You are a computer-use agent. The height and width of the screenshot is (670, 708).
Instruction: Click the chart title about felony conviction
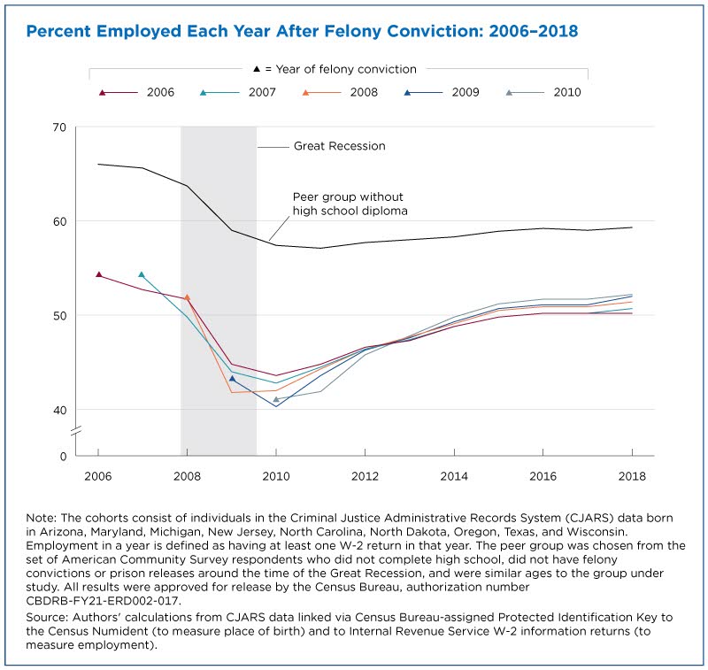[302, 31]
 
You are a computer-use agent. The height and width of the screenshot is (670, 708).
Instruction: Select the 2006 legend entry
[136, 93]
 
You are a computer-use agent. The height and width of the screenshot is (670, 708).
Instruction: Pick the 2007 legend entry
[237, 93]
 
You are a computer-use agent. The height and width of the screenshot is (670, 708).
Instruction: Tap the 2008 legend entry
[340, 93]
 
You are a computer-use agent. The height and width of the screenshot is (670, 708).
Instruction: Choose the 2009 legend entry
[441, 93]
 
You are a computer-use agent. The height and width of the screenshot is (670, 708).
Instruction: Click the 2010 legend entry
[543, 93]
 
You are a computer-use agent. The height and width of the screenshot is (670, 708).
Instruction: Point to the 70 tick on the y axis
[59, 127]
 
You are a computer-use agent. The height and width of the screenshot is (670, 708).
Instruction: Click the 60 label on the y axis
[59, 221]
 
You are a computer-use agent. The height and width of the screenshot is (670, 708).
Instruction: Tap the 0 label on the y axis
[63, 457]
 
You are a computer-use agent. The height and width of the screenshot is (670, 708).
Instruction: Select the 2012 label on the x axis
[365, 476]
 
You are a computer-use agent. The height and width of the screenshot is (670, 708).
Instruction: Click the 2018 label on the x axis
[632, 476]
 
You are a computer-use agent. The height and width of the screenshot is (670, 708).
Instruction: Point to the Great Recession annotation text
[340, 146]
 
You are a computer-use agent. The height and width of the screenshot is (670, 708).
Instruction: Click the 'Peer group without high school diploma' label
[350, 204]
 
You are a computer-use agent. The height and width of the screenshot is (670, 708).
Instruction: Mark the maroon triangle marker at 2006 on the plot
[99, 274]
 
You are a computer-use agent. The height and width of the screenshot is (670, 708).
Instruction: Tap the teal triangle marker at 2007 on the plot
[142, 274]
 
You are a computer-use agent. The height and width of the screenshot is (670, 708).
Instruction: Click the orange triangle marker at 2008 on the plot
[187, 297]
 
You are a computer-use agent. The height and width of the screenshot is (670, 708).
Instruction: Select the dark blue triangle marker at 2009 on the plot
[232, 378]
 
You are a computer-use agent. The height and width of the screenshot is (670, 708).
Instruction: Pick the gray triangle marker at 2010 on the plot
[276, 399]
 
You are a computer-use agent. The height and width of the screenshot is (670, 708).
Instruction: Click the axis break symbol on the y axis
[76, 431]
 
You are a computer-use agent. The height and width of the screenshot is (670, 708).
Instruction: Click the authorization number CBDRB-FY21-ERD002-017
[104, 601]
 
